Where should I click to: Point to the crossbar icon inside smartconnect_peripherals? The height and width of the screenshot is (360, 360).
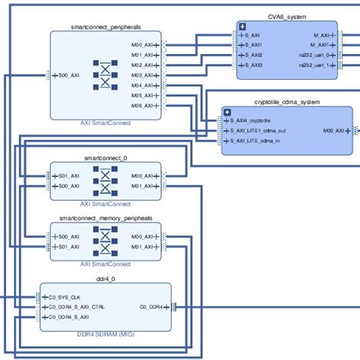[105, 75]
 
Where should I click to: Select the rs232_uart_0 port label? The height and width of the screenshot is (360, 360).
[314, 55]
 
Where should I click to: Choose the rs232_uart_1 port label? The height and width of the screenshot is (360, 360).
[314, 65]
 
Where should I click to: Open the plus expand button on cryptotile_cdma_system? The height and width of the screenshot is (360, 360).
[227, 112]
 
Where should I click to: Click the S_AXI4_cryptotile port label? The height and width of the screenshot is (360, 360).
[256, 121]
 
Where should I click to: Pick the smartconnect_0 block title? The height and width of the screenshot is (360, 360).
[106, 158]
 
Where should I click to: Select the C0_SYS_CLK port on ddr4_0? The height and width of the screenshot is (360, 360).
[67, 297]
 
